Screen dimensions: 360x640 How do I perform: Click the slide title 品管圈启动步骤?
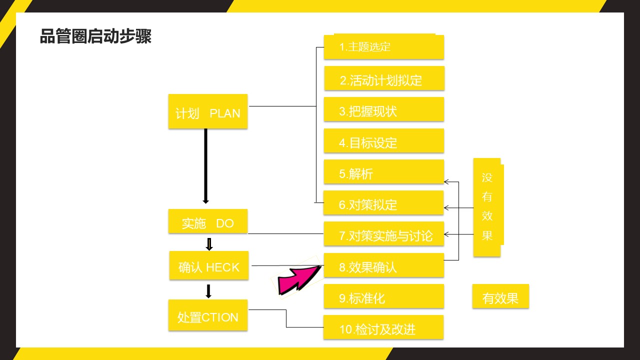point(95,36)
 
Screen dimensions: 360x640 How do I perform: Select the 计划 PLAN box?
point(208,111)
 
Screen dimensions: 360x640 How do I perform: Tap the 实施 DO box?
point(208,221)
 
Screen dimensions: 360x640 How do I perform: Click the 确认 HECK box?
point(209,265)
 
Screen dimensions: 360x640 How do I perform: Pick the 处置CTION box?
point(208,315)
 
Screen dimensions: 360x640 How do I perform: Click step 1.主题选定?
point(384,47)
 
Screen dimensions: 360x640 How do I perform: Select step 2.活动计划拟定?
point(384,78)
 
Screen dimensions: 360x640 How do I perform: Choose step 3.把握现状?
point(384,109)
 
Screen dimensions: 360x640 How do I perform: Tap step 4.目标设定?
point(384,141)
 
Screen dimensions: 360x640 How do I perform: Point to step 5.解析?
point(384,172)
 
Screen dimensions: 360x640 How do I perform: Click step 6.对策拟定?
point(384,203)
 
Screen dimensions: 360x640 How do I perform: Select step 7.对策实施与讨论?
point(384,234)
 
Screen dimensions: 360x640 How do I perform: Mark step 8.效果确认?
point(384,265)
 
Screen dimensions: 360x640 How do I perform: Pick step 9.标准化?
point(384,296)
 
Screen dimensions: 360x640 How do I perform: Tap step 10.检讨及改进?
point(384,327)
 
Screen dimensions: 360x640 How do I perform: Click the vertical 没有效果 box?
point(487,207)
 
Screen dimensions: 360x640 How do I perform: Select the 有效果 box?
point(500,297)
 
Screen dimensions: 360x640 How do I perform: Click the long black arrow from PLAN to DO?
point(205,165)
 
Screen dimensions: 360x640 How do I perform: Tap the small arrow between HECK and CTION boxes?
point(209,291)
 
